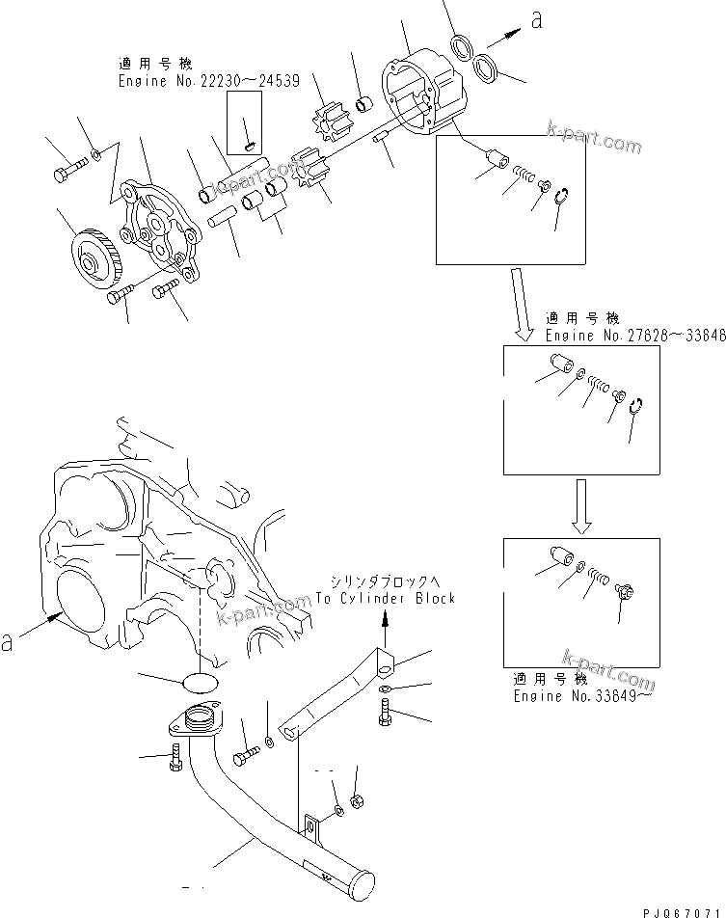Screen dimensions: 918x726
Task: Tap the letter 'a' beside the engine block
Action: click(x=9, y=640)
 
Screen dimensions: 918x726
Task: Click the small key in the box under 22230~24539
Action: click(x=248, y=145)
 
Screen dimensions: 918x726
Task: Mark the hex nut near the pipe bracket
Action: click(x=356, y=800)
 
